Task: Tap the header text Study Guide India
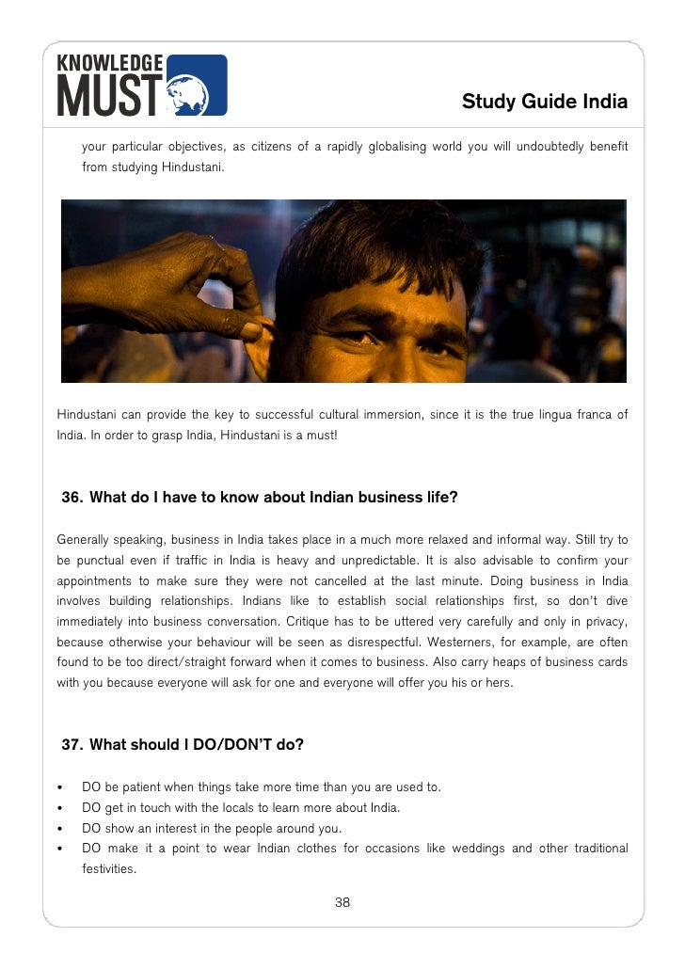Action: [544, 102]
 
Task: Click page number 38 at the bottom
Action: [342, 903]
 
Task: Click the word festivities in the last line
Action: [109, 869]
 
